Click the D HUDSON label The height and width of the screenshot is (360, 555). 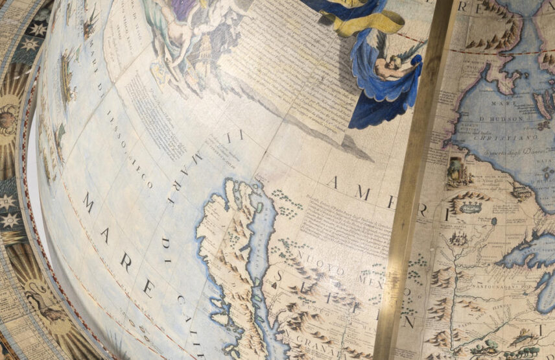click(x=501, y=119)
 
